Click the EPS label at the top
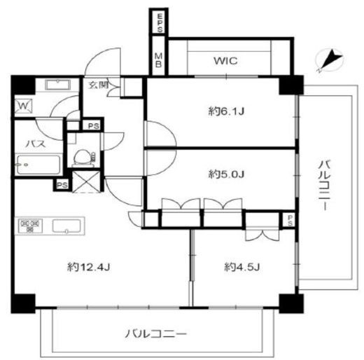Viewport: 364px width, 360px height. pyautogui.click(x=160, y=23)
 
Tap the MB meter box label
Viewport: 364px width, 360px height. pyautogui.click(x=159, y=60)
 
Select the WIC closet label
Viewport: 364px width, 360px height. pyautogui.click(x=225, y=61)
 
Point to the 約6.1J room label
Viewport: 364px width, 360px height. pyautogui.click(x=226, y=111)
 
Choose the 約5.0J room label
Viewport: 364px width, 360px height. pyautogui.click(x=226, y=174)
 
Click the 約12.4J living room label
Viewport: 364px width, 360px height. pyautogui.click(x=88, y=267)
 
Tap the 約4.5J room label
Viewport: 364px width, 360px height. pyautogui.click(x=242, y=267)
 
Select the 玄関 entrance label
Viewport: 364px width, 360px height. pyautogui.click(x=99, y=85)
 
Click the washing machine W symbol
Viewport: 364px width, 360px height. pyautogui.click(x=23, y=106)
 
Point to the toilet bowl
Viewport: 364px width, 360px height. pyautogui.click(x=82, y=157)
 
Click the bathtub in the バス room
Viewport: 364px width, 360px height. pyautogui.click(x=38, y=165)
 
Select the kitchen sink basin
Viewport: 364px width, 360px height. pyautogui.click(x=66, y=226)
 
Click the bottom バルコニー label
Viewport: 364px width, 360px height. pyautogui.click(x=156, y=334)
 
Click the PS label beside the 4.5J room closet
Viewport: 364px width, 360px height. pyautogui.click(x=290, y=220)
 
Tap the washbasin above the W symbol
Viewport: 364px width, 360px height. pyautogui.click(x=57, y=85)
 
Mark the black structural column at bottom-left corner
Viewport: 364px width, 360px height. pyautogui.click(x=23, y=303)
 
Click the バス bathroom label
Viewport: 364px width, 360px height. pyautogui.click(x=36, y=144)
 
